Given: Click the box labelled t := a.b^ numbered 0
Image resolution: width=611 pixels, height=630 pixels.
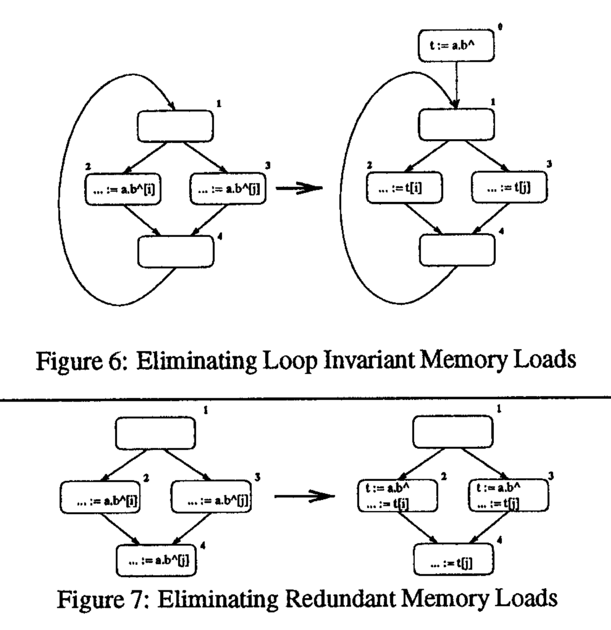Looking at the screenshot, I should (x=456, y=46).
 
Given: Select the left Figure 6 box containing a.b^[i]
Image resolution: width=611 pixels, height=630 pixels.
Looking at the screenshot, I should (x=123, y=189).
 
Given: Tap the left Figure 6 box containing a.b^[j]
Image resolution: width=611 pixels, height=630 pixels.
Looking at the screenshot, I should (x=228, y=189).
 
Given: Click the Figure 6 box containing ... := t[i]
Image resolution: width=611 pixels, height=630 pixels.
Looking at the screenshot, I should (x=404, y=188).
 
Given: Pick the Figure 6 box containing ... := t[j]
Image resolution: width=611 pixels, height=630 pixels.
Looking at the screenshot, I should (x=509, y=187).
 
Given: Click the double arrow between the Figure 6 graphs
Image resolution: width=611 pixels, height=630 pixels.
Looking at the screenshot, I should (x=299, y=188).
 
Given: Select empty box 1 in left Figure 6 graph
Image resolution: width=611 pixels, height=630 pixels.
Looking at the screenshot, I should (x=175, y=126).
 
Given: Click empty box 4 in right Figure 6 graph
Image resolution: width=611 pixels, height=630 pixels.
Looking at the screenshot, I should (x=457, y=250).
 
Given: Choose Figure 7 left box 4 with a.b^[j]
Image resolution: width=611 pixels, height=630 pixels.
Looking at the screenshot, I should (x=156, y=561).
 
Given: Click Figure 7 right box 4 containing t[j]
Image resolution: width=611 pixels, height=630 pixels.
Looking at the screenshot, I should (x=453, y=562).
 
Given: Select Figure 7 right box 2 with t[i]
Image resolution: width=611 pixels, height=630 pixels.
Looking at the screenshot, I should (x=397, y=496).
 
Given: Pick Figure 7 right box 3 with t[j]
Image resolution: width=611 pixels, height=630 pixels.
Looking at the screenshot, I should (x=508, y=496).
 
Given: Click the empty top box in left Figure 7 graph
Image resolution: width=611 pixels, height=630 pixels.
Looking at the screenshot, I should (x=155, y=434).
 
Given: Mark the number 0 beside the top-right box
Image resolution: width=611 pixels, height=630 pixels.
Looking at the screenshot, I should (x=500, y=27).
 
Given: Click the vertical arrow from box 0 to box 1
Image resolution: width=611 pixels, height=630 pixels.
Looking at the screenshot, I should (x=456, y=83).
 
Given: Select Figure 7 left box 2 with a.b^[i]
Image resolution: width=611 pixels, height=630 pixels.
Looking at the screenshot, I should (x=100, y=497).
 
